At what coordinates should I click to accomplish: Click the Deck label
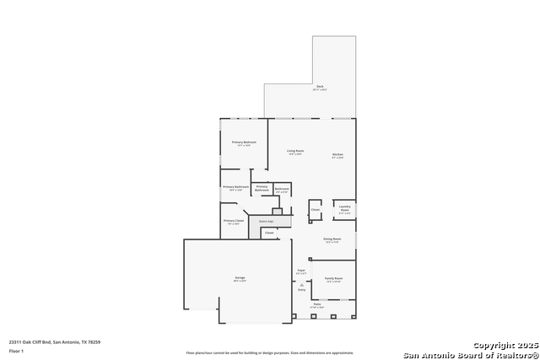point(321,87)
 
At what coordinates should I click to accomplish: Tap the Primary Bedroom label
point(244,142)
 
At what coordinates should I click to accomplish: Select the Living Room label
point(295,152)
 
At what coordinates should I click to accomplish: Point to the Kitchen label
point(337,155)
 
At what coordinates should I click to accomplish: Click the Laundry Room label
point(344,208)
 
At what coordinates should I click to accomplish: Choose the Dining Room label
point(332,239)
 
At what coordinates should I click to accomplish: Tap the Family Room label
point(333,278)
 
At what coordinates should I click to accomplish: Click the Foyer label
point(300,271)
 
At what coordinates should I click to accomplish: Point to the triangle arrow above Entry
point(301,285)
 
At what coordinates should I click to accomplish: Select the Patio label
point(317,304)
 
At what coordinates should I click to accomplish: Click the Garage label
point(240,278)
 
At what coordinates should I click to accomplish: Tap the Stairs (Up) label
point(266,221)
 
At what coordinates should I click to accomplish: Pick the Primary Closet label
point(234,221)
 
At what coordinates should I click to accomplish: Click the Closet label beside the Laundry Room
point(315,209)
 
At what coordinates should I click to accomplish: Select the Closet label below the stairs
point(269,233)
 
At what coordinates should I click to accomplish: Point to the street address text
point(55,341)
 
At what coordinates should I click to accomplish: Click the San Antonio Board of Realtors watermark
point(469,354)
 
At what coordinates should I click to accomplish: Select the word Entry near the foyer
point(301,290)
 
